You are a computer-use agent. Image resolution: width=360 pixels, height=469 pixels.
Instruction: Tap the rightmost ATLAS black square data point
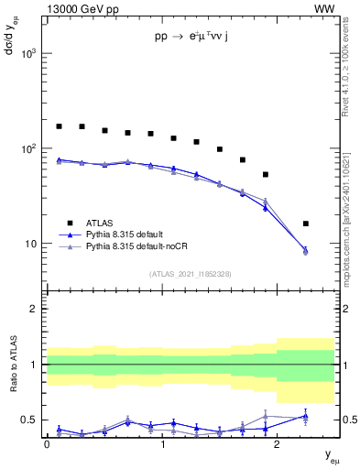[305, 224]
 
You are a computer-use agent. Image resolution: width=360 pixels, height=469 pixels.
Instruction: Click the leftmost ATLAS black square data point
[60, 126]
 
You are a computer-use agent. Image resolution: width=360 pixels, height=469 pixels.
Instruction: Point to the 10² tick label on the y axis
[28, 148]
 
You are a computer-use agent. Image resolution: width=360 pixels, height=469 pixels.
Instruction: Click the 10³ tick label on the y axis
[28, 54]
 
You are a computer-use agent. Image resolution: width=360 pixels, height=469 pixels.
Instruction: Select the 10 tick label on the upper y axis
[31, 244]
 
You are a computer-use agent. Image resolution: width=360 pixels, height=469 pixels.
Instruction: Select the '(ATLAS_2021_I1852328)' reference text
[190, 274]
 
